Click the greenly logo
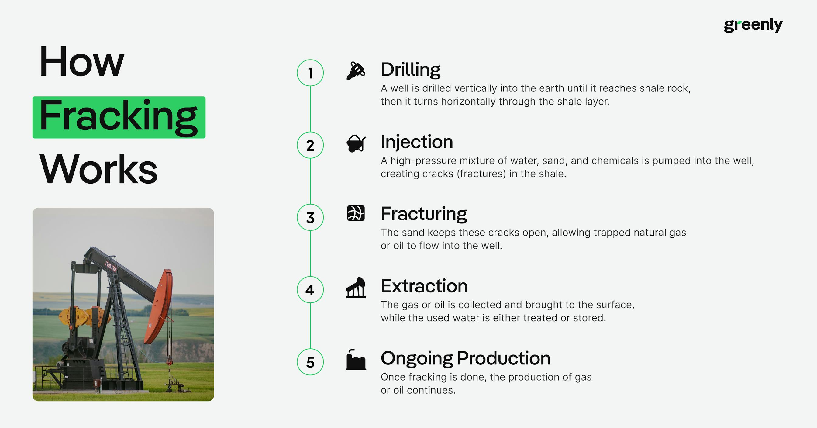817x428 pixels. point(753,25)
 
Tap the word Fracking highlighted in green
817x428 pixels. point(119,117)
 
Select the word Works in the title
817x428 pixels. point(98,169)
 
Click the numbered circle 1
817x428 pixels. point(310,73)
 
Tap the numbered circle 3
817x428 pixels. point(310,217)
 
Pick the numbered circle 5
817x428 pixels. point(310,362)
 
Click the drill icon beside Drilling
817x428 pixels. point(356,71)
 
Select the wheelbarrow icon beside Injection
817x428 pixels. point(356,144)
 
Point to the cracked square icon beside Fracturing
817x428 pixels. point(356,213)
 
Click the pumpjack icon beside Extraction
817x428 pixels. point(356,288)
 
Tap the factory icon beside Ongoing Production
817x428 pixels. point(356,360)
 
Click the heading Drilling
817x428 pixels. point(410,70)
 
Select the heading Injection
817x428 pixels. point(417,142)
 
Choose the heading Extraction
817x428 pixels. point(424,286)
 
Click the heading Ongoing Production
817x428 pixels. point(465,358)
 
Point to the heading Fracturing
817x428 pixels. point(424,213)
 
